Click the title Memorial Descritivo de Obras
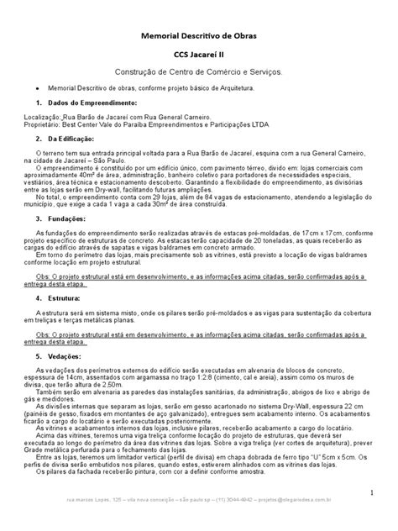(199, 37)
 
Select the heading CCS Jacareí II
(199, 57)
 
